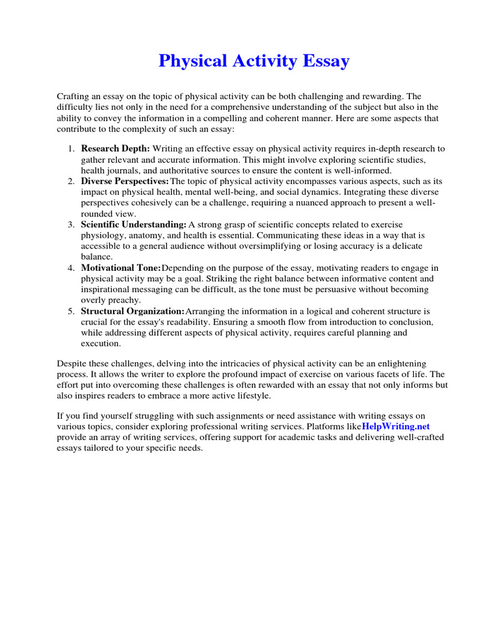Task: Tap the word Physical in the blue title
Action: [x=187, y=61]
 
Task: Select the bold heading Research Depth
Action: [x=116, y=149]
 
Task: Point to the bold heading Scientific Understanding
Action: [x=134, y=224]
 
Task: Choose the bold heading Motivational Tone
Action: [x=121, y=268]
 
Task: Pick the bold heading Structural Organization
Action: [x=132, y=311]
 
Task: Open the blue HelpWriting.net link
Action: [x=396, y=426]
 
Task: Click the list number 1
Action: [x=71, y=149]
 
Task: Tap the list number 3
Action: [x=71, y=224]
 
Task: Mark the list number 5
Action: [x=71, y=311]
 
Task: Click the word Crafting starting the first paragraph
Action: [x=74, y=96]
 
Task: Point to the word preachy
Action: [x=125, y=300]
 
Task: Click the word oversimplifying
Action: [x=242, y=246]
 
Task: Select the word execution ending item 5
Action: [x=101, y=343]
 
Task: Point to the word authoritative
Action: [x=181, y=170]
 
